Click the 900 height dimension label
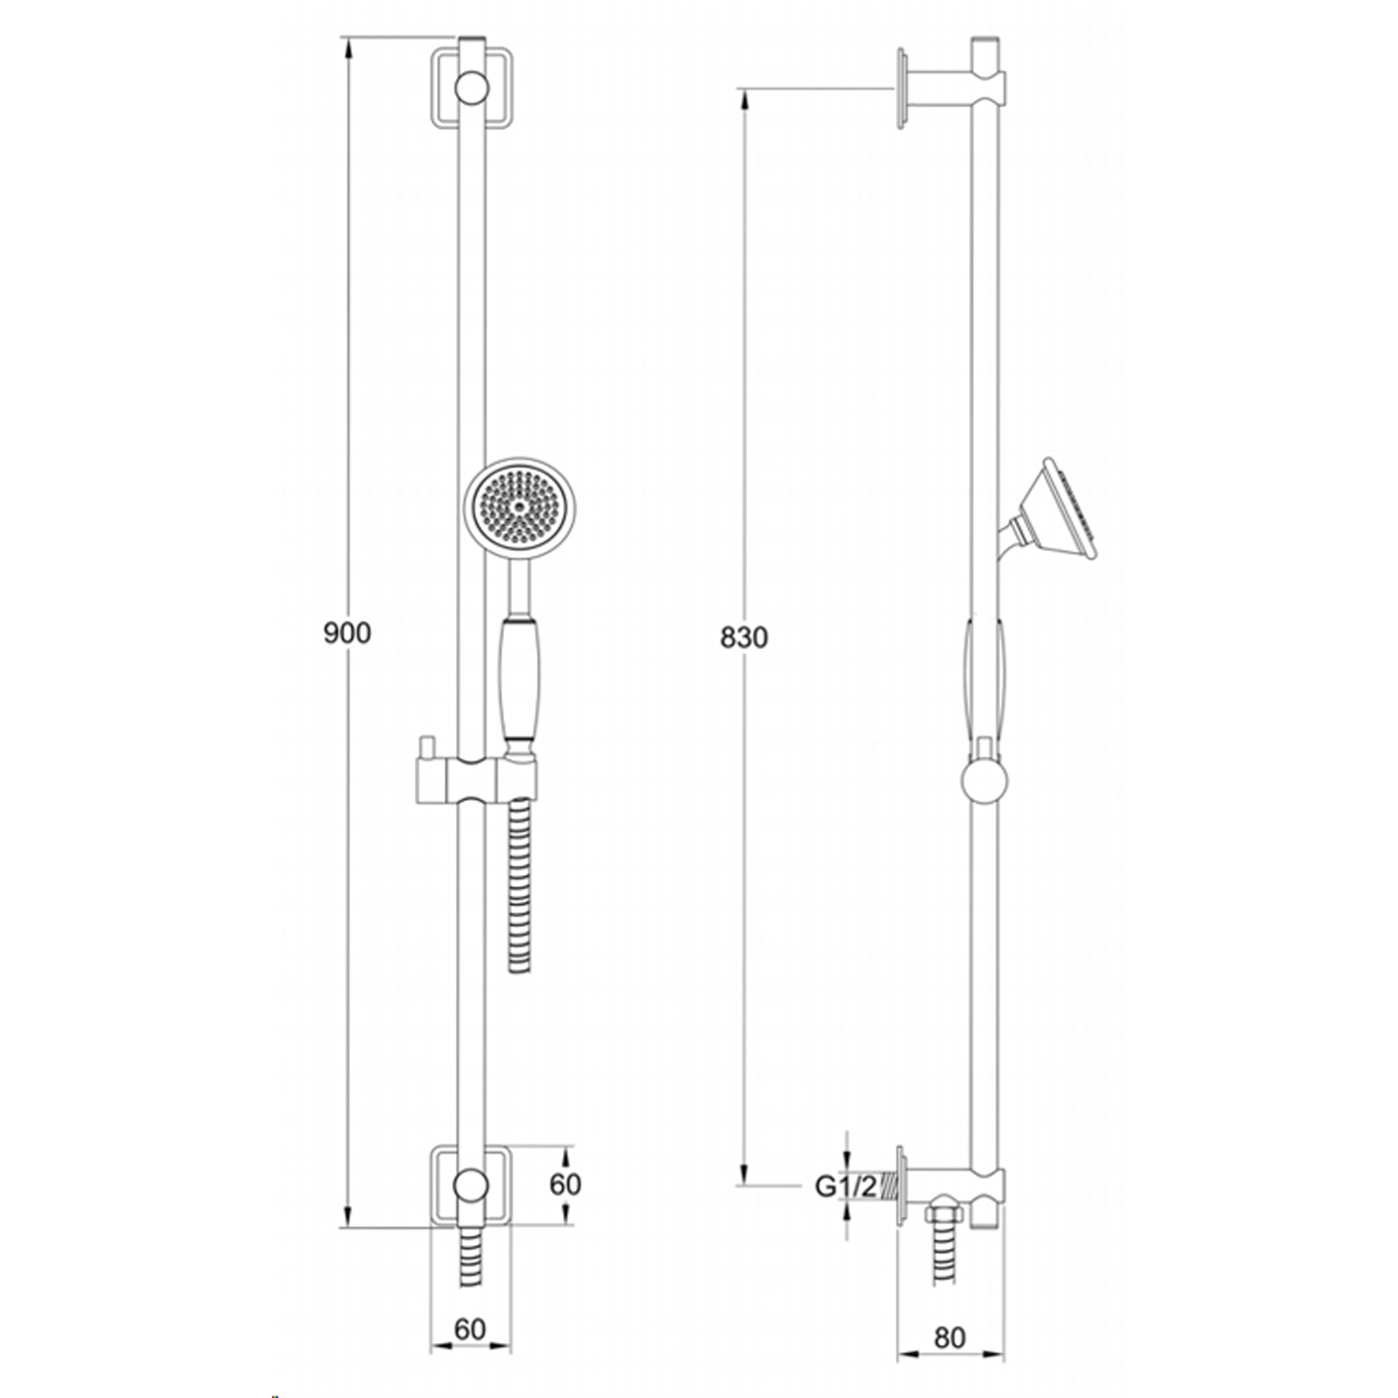347,633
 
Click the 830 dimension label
744,637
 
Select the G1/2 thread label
845,1186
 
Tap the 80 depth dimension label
949,1337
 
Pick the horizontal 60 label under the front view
471,1329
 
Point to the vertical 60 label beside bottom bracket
565,1184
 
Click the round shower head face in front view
519,508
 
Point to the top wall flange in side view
901,89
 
